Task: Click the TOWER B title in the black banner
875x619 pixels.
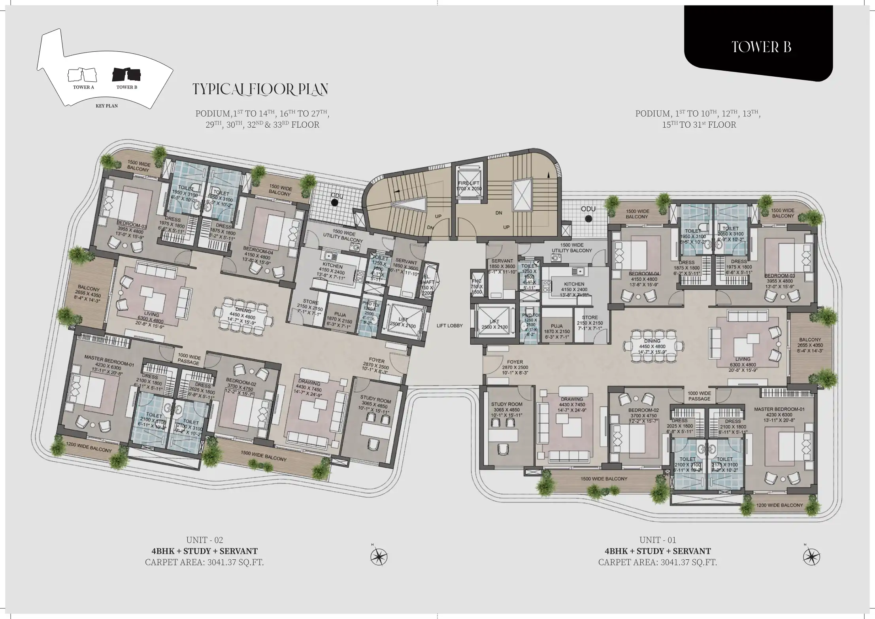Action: pyautogui.click(x=761, y=47)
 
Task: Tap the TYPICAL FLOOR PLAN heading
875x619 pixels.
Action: pyautogui.click(x=260, y=89)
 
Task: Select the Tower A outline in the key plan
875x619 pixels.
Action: pyautogui.click(x=82, y=75)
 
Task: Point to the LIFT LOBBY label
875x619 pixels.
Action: pyautogui.click(x=449, y=326)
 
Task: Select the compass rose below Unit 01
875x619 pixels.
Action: pyautogui.click(x=811, y=557)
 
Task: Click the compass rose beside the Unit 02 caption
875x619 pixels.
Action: pyautogui.click(x=379, y=557)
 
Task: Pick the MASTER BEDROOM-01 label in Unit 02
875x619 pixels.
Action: pyautogui.click(x=109, y=360)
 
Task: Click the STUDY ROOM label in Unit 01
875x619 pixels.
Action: pyautogui.click(x=507, y=404)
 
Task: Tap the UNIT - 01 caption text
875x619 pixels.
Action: pyautogui.click(x=658, y=540)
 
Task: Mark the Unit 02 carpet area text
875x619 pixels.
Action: pyautogui.click(x=204, y=562)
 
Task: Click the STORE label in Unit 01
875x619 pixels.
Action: pyautogui.click(x=589, y=317)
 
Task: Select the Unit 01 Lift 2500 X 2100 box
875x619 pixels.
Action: pyautogui.click(x=494, y=324)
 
